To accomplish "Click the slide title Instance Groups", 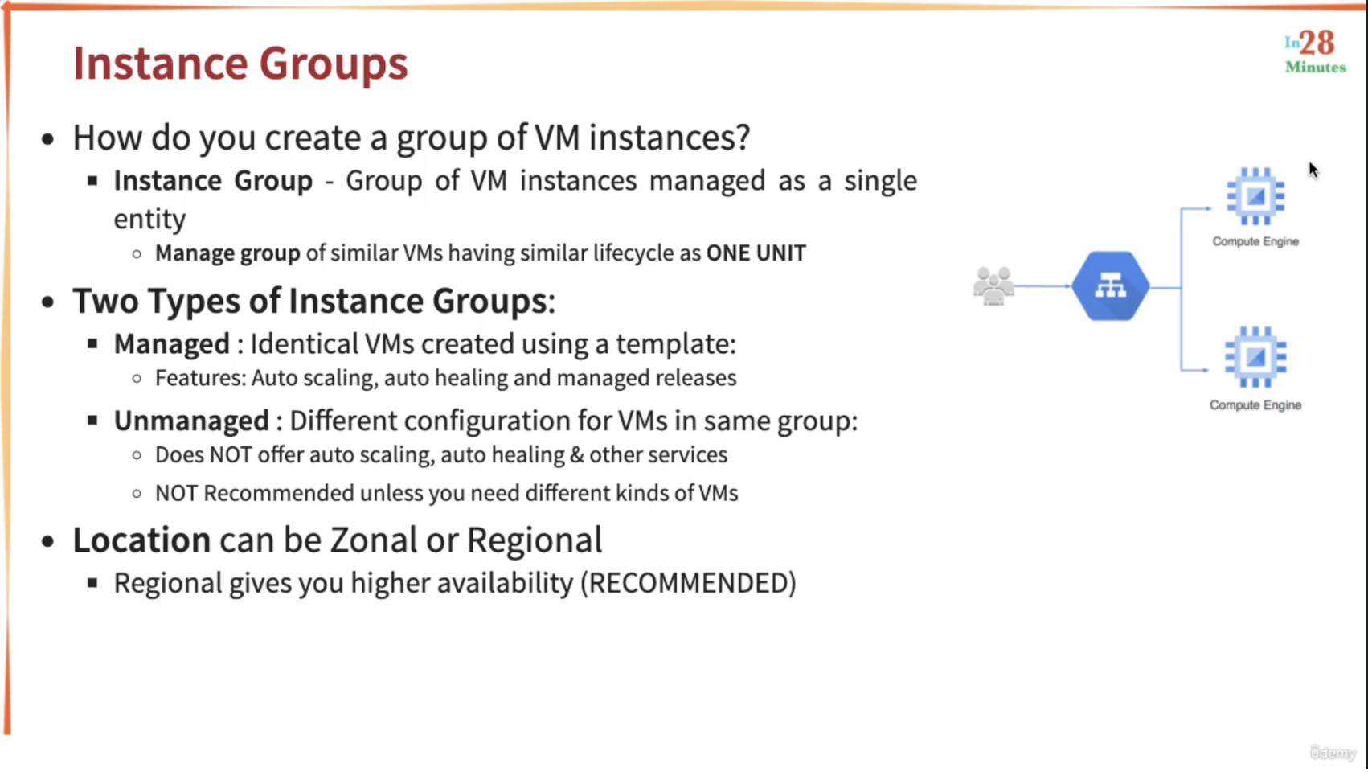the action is coord(240,64).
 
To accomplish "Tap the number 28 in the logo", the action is coord(1317,43).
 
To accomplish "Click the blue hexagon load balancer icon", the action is coord(1111,286).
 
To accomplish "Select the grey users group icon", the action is coord(993,285).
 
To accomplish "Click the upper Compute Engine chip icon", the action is coord(1255,196).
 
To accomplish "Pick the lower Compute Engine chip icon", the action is coord(1255,357).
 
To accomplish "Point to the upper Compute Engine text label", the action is coord(1255,241).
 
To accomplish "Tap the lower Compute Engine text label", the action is coord(1255,404).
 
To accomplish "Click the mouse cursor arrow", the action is coord(1313,170).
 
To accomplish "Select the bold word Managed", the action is coord(172,343).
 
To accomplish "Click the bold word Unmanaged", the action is coord(191,421).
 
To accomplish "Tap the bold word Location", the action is coord(141,540).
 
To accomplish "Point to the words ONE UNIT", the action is coord(756,253).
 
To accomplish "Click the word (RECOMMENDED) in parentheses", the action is coord(688,583).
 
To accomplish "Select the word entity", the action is coord(149,220).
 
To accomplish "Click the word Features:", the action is coord(201,378).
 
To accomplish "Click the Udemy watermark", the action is coord(1333,753).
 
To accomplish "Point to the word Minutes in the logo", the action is coord(1316,67).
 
